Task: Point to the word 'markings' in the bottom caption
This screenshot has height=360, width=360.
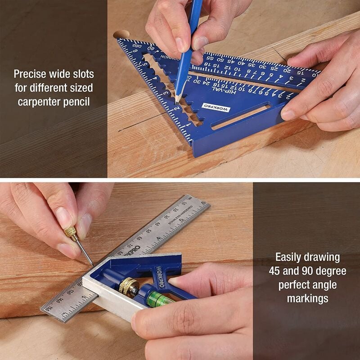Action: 307,298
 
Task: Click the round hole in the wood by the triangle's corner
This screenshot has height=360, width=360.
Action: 121,34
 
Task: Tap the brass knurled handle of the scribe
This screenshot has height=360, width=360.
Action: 70,232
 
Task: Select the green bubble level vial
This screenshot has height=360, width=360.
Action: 158,300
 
